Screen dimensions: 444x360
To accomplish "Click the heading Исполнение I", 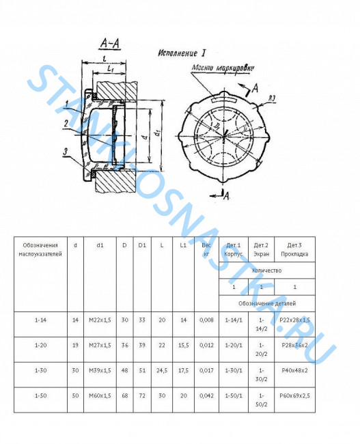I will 182,53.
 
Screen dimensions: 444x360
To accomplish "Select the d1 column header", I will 100,245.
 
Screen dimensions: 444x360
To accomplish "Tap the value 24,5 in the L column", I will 162,371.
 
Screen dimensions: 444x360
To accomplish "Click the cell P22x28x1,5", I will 294,319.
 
